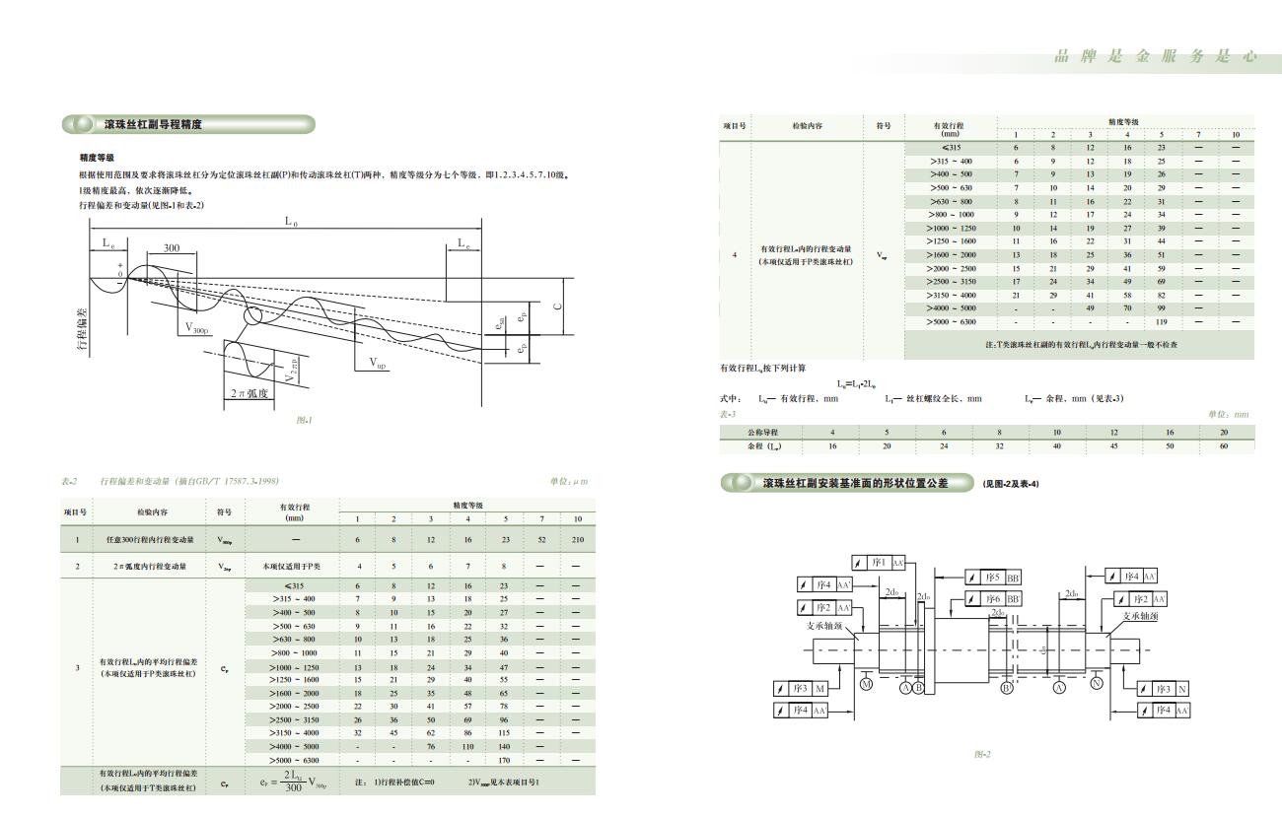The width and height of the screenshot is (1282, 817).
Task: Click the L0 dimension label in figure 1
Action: (292, 222)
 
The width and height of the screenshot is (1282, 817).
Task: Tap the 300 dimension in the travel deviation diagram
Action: (172, 248)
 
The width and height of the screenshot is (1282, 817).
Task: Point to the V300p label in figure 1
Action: (195, 329)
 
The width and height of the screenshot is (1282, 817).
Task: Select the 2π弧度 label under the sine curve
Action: (250, 393)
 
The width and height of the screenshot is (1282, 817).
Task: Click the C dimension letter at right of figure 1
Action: (557, 306)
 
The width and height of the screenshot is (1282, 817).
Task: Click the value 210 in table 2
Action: (577, 540)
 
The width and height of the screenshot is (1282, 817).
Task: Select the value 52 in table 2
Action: (540, 540)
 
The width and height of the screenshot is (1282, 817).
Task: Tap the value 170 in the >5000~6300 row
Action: (504, 760)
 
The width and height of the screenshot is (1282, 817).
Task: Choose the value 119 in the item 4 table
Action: (1161, 322)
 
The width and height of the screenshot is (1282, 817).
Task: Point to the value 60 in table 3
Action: (1224, 446)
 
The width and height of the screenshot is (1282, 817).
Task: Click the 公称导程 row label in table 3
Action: (761, 433)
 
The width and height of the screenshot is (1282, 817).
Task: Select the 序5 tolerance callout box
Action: (992, 578)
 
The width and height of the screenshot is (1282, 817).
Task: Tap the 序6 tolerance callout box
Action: (992, 598)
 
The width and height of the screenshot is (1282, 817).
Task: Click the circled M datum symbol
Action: (866, 684)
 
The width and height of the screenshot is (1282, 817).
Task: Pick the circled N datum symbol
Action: (1097, 683)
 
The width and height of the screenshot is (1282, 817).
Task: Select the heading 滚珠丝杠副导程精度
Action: (153, 125)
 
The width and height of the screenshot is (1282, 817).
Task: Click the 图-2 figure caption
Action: (981, 754)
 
